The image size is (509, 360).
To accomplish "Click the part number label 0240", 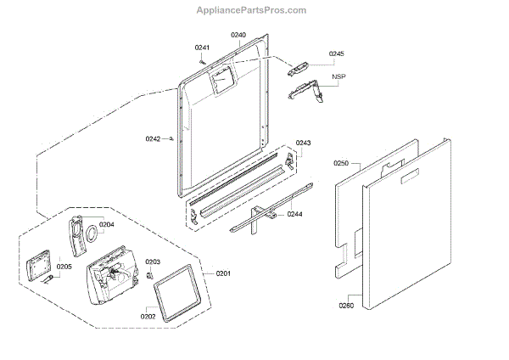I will click(238, 35).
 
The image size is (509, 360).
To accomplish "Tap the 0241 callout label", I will click(202, 47).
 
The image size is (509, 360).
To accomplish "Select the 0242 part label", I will click(153, 138).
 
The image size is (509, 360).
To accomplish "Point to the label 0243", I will click(304, 143).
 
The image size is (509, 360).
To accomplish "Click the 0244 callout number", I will click(296, 214).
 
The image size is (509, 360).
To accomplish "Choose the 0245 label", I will click(337, 53).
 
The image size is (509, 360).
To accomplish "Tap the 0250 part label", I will click(341, 162).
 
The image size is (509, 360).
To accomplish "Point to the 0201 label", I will click(223, 273).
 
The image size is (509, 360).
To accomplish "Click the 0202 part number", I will click(148, 316).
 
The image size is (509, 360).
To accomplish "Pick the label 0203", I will click(153, 262).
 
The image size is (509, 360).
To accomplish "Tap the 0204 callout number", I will click(106, 225).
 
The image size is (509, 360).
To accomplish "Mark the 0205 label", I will click(64, 266).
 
